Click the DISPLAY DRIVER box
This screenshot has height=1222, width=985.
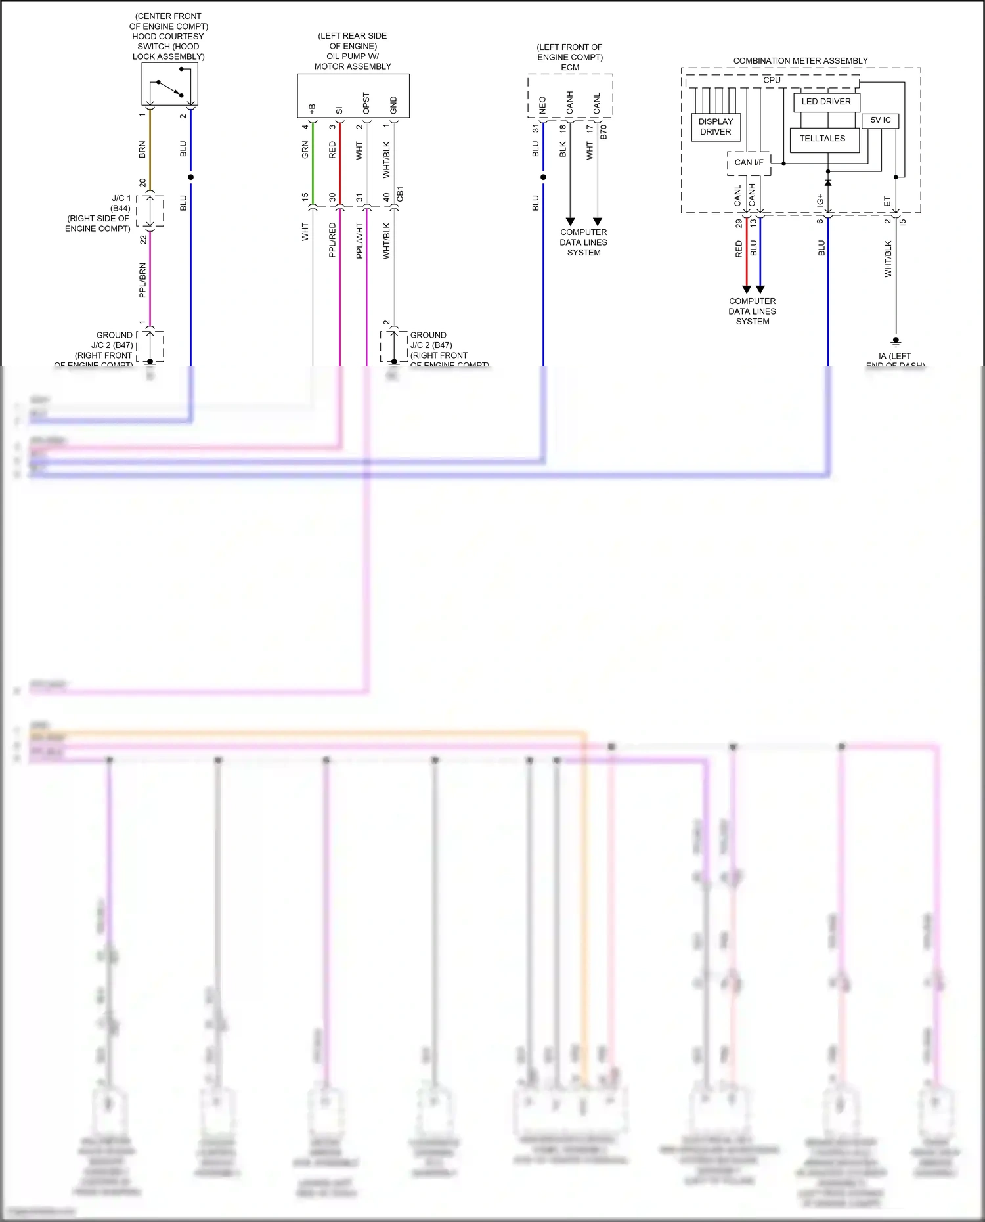click(716, 127)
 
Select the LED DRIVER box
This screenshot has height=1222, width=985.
click(826, 102)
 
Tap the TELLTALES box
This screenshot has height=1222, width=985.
click(823, 139)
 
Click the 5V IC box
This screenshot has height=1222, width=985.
click(880, 120)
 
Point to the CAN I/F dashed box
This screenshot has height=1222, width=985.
click(749, 162)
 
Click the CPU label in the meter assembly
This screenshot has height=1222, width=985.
click(772, 80)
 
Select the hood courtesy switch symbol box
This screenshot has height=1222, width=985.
click(169, 84)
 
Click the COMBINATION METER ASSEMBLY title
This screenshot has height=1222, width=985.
click(800, 60)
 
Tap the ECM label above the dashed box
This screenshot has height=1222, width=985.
click(570, 68)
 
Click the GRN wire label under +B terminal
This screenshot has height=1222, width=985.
click(305, 150)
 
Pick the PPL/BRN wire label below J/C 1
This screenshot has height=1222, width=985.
click(142, 280)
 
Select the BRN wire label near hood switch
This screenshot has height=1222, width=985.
click(142, 150)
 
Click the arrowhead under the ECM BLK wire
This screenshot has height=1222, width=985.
click(570, 221)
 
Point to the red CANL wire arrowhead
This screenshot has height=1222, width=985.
click(746, 289)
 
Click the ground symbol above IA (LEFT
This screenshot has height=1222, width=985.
click(896, 341)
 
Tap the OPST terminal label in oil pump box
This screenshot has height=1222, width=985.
click(366, 103)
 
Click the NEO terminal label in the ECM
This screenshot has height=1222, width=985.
click(542, 105)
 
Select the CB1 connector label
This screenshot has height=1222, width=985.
click(401, 194)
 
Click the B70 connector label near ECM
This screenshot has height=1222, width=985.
click(603, 131)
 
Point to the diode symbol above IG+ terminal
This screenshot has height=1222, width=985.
click(828, 182)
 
